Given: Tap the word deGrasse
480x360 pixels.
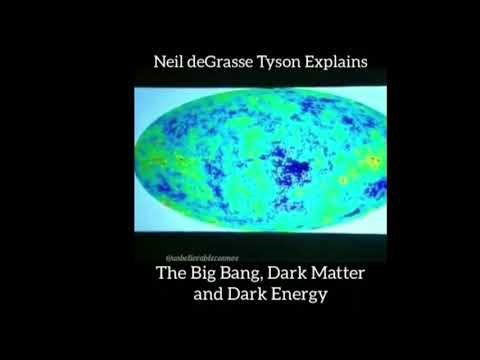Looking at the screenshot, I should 226,62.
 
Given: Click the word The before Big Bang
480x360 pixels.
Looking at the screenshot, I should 172,274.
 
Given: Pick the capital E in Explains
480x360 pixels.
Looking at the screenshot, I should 318,61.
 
